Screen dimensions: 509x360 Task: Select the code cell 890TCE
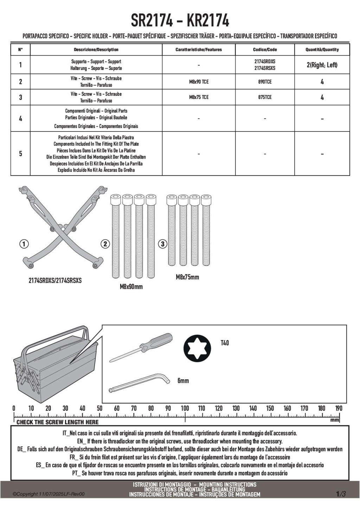coord(265,82)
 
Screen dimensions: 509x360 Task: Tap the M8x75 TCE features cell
coord(199,97)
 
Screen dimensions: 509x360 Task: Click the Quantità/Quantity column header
coord(322,50)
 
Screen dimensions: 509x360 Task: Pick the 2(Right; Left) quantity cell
coord(322,65)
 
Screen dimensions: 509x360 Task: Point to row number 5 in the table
coord(20,154)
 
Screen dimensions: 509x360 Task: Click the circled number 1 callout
coord(24,244)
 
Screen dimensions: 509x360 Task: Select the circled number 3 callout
coord(162,244)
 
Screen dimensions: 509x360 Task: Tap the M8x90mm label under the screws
coord(131,286)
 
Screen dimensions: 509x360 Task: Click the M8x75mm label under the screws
coord(187,277)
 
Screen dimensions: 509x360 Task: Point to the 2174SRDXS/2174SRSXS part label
coord(55,281)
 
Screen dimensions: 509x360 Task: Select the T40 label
coord(225,343)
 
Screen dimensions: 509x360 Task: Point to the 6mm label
coord(183,381)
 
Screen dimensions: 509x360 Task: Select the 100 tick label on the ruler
coord(185,408)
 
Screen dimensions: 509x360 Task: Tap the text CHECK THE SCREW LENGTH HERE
coord(58,422)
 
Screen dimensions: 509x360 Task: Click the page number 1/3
coord(341,494)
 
